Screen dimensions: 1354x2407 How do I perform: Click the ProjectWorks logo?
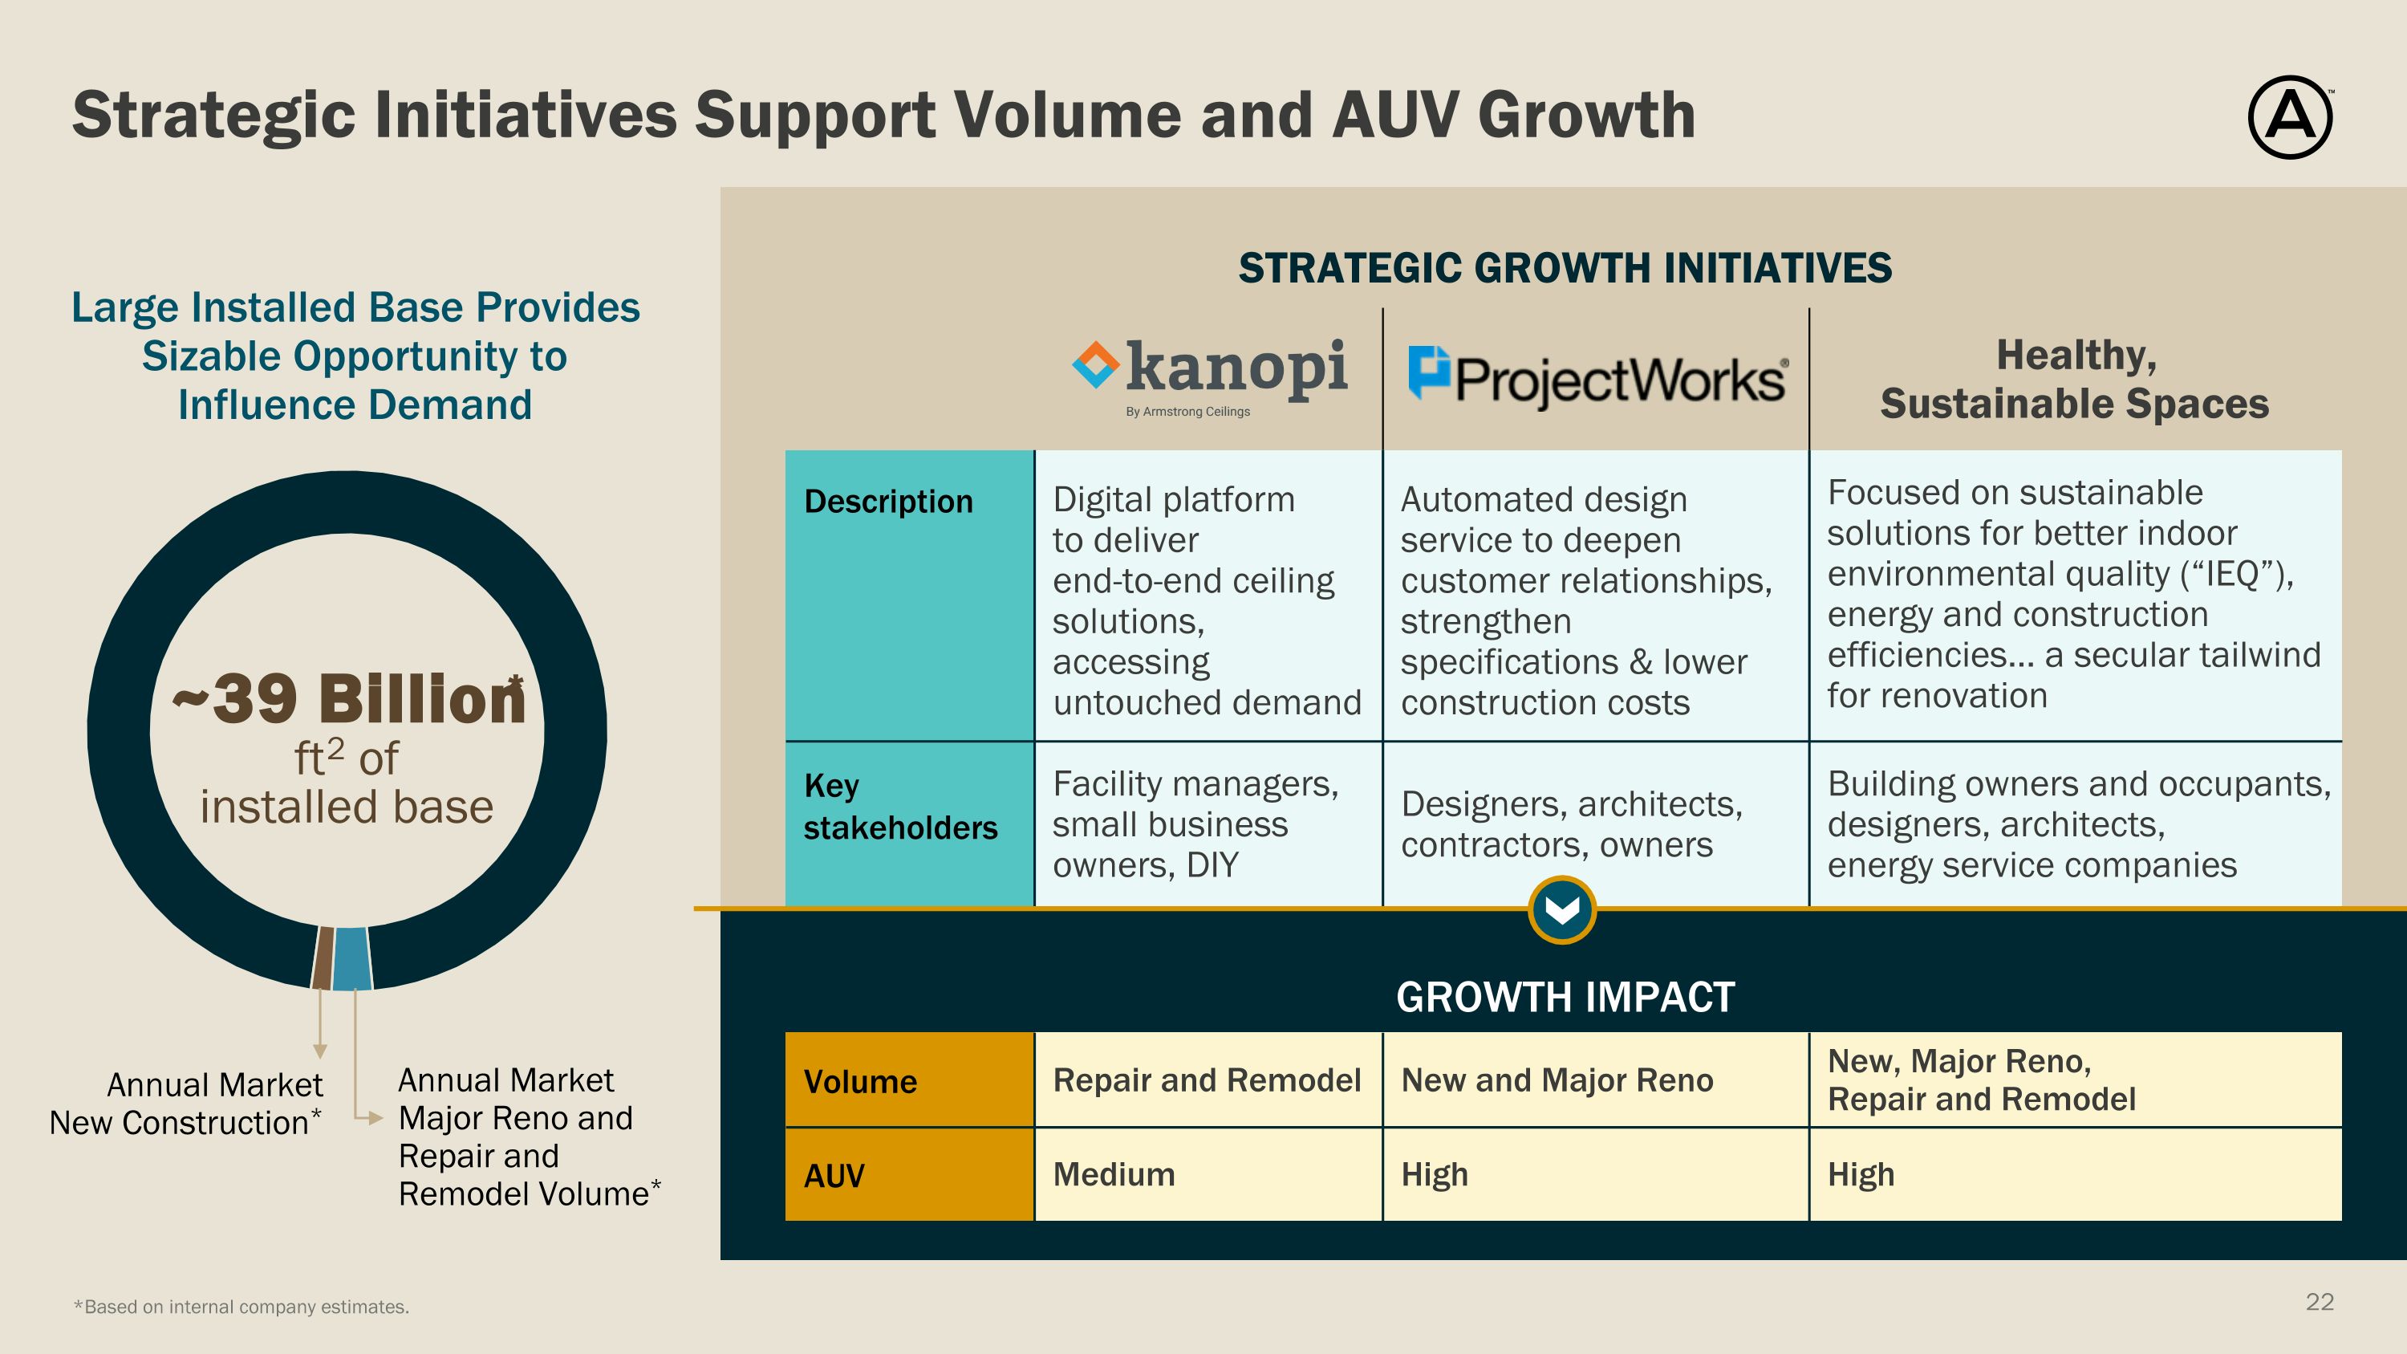(1597, 379)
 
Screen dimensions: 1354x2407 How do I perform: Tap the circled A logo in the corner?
(2289, 118)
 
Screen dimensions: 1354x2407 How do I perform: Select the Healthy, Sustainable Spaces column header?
(2074, 380)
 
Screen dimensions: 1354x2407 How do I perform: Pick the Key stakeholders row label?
(900, 807)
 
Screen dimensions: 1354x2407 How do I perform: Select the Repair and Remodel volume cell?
(1206, 1080)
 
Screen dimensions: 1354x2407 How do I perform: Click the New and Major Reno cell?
(1557, 1080)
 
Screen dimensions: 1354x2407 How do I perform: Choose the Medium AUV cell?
(1114, 1174)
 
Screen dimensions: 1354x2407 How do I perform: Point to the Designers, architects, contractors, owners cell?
(1572, 824)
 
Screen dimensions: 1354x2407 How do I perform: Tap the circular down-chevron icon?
(1561, 909)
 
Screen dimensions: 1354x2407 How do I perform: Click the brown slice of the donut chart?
(323, 957)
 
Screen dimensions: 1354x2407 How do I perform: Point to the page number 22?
(2320, 1302)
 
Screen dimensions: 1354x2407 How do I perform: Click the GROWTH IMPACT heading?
(1565, 997)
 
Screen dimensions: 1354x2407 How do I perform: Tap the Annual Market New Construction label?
(187, 1104)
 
